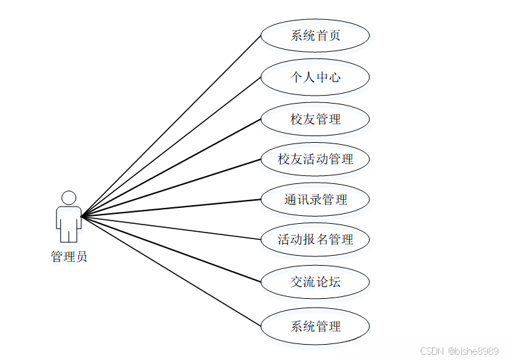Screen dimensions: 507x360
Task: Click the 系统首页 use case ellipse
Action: click(315, 35)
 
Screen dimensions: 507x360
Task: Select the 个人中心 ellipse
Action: click(315, 77)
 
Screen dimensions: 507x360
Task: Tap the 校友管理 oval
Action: click(315, 120)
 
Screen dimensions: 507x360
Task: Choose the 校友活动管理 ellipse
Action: click(315, 159)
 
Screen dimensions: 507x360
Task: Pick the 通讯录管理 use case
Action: click(315, 199)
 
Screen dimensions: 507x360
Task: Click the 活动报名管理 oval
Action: click(315, 240)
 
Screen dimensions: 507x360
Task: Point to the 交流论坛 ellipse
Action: click(315, 282)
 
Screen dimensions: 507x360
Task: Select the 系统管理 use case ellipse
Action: click(315, 326)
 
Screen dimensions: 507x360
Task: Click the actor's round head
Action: click(68, 198)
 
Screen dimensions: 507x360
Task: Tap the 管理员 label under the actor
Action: click(68, 257)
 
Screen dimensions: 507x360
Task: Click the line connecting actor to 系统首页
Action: click(171, 126)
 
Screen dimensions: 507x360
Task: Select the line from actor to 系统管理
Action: click(171, 271)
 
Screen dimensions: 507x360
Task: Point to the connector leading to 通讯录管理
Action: click(171, 208)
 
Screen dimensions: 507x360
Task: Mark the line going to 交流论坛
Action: click(171, 249)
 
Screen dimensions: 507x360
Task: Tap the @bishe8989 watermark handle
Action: click(473, 351)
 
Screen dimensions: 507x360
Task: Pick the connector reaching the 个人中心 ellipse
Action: click(171, 146)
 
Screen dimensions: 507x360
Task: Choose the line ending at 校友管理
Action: click(171, 167)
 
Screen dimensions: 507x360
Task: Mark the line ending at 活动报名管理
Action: click(171, 228)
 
